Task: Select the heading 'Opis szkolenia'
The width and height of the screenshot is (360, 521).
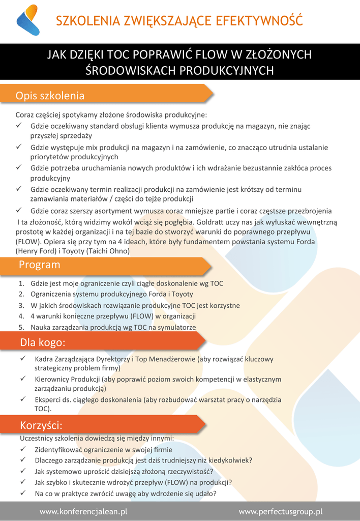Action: (x=50, y=96)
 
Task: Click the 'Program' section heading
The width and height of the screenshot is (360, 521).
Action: (x=39, y=265)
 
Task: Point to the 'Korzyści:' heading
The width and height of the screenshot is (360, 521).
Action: (x=41, y=425)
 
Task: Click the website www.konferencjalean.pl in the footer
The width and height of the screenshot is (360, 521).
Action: (x=83, y=511)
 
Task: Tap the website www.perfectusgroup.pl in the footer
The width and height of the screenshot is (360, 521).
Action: (x=281, y=511)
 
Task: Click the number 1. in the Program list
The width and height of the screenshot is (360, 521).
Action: (x=21, y=283)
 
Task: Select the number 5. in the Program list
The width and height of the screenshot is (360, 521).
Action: (x=21, y=327)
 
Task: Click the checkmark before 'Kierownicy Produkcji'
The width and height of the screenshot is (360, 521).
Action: (x=23, y=379)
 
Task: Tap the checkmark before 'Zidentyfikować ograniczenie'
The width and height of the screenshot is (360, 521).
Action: (x=23, y=449)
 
